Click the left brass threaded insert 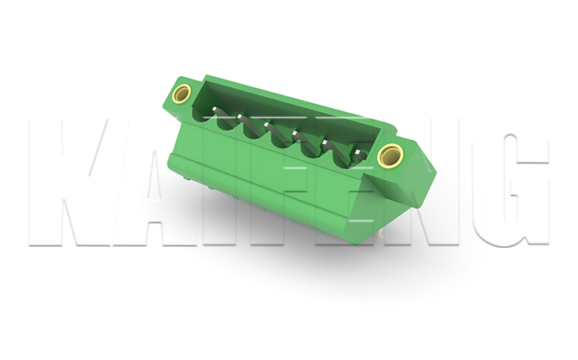[182, 94]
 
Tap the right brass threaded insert [390, 155]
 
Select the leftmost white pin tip [214, 109]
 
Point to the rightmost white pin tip [357, 152]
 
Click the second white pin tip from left [240, 117]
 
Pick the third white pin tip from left [266, 125]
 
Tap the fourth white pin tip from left [295, 132]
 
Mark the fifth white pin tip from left [325, 141]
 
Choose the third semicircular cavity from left [253, 130]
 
